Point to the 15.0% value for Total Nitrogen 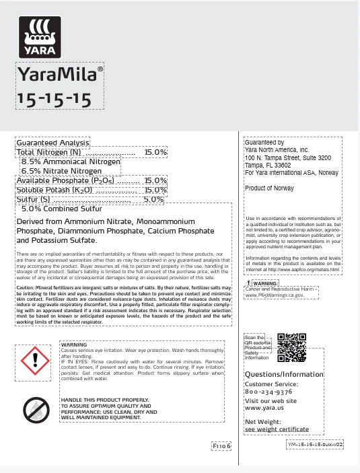point(155,153)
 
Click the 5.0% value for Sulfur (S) point(154,199)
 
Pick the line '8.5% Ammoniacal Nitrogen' point(71,162)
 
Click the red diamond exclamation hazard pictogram point(34,362)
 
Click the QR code point(292,348)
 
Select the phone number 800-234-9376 point(268,391)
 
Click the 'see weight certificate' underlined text point(277,429)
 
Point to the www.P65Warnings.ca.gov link point(275,314)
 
